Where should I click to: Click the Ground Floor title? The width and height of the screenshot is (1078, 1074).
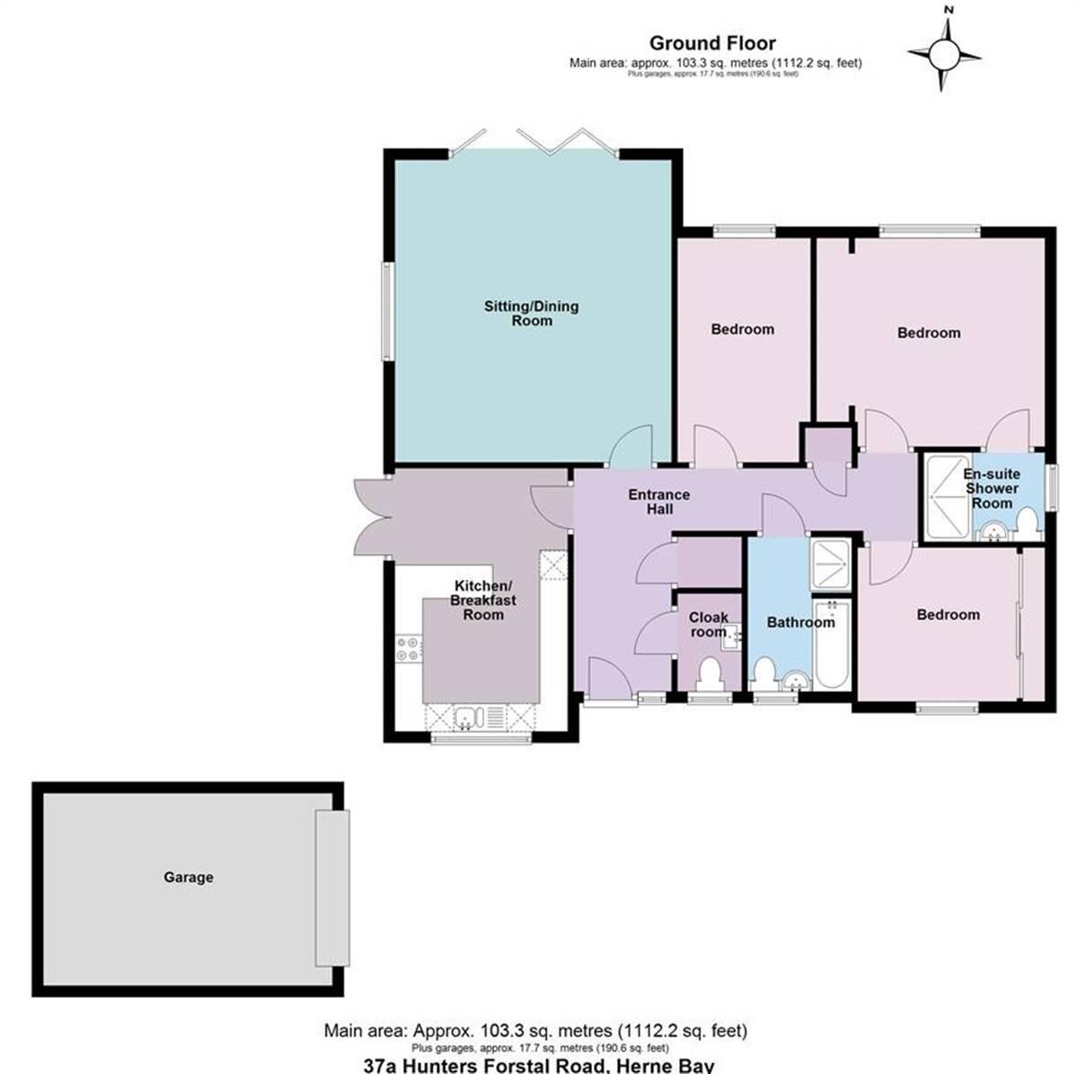point(712,42)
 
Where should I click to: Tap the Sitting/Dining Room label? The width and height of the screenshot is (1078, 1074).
point(532,313)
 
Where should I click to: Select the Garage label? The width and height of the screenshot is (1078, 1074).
point(189,876)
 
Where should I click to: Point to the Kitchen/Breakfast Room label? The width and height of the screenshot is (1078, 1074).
point(483,599)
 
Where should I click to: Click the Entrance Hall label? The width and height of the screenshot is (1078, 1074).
point(658,501)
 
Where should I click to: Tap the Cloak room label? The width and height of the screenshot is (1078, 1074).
point(709,625)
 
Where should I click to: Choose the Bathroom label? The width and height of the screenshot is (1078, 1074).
point(800,622)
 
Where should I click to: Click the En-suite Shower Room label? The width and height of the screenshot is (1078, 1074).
point(992,488)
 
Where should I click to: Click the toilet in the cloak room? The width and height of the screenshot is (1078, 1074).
point(711,671)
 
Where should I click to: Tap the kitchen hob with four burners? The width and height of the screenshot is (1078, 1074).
point(409,648)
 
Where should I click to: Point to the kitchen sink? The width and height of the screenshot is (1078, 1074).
point(468,717)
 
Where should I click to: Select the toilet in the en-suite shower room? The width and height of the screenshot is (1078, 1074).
point(1028,526)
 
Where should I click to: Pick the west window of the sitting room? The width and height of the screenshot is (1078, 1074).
point(386,311)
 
